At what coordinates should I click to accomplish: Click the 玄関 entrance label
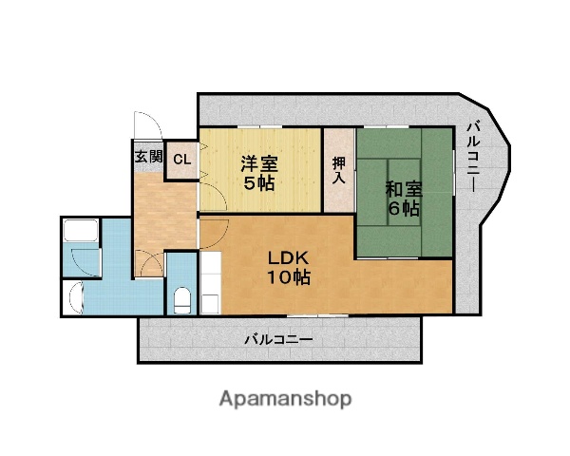(147, 157)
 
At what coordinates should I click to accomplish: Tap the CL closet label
(181, 159)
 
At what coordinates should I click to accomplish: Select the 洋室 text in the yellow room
(258, 161)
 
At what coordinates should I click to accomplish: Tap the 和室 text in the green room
(403, 188)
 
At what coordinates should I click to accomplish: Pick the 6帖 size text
(403, 209)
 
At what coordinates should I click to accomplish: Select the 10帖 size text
(285, 277)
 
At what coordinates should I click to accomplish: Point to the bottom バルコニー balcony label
(277, 337)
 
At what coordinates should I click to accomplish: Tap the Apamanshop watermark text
(284, 398)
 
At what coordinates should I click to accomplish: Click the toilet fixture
(181, 299)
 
